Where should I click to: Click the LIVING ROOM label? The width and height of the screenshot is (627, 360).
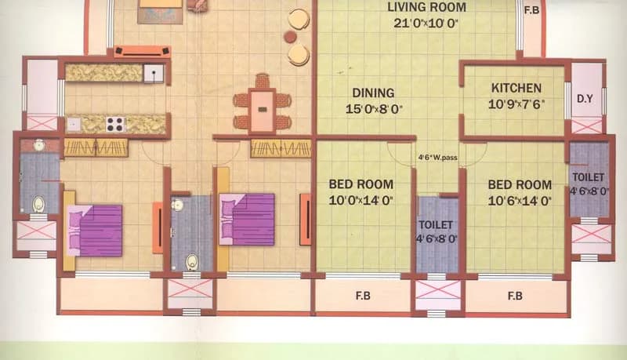[x=426, y=7]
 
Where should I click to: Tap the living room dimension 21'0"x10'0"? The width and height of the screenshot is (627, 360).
[x=426, y=23]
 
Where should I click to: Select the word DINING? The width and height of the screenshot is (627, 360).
[x=373, y=93]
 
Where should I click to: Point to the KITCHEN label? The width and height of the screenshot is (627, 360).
[x=516, y=88]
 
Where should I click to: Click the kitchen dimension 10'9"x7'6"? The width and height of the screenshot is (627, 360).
[x=516, y=104]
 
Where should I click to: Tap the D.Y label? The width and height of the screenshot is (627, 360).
[x=585, y=99]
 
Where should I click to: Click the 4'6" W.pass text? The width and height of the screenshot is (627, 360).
[x=438, y=158]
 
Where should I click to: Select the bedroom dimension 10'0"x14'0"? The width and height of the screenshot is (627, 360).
[x=361, y=200]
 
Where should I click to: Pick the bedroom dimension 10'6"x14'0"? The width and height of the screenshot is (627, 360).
[x=520, y=201]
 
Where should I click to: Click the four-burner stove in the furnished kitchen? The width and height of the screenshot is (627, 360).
[x=115, y=124]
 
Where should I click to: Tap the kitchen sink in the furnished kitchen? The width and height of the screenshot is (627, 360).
[x=154, y=73]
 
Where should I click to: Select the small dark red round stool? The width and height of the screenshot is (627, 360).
[x=290, y=37]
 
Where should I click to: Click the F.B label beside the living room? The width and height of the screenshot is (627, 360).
[x=532, y=10]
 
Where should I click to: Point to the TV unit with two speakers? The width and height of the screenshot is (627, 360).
[x=143, y=51]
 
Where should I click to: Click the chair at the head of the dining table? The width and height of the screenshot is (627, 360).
[x=262, y=81]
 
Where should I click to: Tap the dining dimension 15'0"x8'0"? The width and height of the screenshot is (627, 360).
[x=374, y=109]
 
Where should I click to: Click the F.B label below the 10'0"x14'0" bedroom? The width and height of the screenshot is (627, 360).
[x=363, y=296]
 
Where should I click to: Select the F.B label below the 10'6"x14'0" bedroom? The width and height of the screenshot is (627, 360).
[x=515, y=296]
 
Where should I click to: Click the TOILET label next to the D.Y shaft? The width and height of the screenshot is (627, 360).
[x=589, y=177]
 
